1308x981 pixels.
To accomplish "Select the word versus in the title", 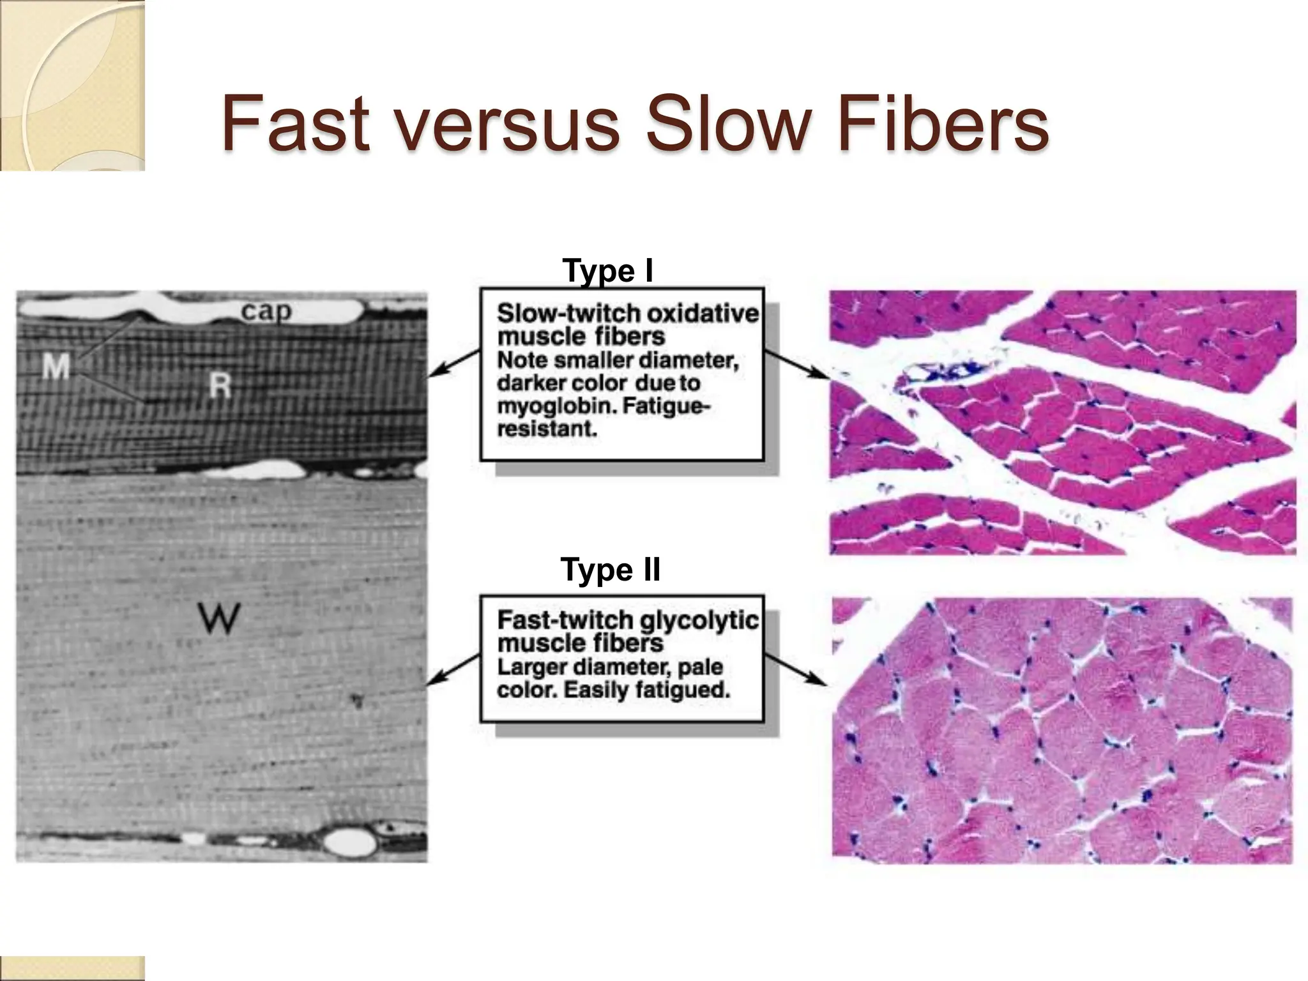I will point(506,125).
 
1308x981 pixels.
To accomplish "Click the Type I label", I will point(607,271).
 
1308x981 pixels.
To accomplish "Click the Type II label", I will point(611,570).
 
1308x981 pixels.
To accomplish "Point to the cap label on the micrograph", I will point(266,312).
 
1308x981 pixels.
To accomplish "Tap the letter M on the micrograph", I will point(56,367).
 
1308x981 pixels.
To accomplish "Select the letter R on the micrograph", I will point(220,385).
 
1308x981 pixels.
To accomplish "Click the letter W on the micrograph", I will point(219,618).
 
